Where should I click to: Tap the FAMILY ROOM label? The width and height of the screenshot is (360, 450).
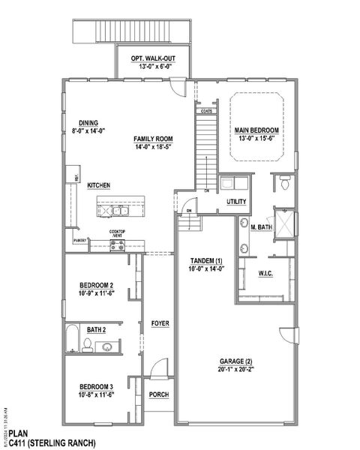(x=153, y=139)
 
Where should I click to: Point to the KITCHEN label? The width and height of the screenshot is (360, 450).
(x=100, y=184)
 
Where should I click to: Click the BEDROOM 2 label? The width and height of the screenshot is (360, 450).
(x=96, y=286)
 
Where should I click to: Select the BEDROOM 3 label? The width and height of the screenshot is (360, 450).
(x=96, y=386)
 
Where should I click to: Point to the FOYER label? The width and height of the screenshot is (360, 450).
(x=159, y=323)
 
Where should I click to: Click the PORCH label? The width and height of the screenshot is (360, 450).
(x=159, y=394)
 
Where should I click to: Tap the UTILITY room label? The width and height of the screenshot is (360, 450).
(x=237, y=202)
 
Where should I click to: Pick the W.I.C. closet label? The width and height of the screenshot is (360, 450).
(x=265, y=273)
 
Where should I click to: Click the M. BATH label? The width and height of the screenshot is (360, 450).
(x=261, y=226)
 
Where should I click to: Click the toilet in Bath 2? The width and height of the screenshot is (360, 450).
(x=87, y=344)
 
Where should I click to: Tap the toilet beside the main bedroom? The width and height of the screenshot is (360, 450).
(x=285, y=182)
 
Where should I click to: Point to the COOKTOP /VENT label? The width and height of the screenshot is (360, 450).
(x=117, y=233)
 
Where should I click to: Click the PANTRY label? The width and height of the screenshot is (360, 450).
(x=80, y=240)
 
